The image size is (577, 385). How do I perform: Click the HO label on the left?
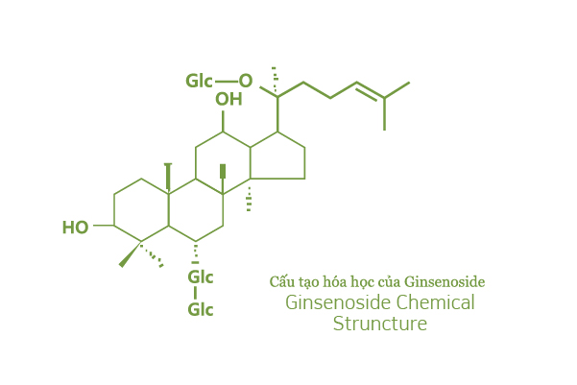coord(76,228)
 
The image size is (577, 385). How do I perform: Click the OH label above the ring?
coord(228,100)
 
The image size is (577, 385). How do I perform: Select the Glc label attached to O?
coord(199,81)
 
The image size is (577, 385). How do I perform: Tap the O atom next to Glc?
coord(246,81)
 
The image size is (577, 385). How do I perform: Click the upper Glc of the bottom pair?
coord(201,277)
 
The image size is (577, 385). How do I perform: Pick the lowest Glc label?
coord(201,309)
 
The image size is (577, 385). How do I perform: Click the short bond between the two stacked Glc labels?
coord(195,293)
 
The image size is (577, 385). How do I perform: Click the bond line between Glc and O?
coord(227,82)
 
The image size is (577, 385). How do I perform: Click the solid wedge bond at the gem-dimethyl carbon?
coord(131,254)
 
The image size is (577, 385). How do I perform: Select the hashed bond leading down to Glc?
coord(196,253)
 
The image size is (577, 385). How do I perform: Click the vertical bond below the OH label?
coord(223,122)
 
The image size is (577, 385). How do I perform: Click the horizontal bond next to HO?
coord(104,226)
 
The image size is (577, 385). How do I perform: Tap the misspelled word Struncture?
coord(380,324)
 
